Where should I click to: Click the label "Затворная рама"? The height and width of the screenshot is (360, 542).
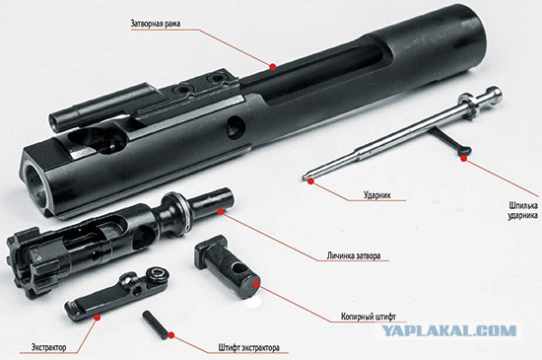tap(155, 24)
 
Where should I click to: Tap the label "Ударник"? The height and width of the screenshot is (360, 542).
tap(377, 194)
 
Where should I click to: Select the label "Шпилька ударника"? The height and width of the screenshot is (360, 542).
tap(522, 210)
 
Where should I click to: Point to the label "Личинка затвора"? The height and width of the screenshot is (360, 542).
tap(353, 255)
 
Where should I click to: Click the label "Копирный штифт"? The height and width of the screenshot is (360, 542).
tap(369, 317)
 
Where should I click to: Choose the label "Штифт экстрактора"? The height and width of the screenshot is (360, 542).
tap(249, 347)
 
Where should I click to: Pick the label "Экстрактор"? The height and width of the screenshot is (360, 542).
tap(48, 347)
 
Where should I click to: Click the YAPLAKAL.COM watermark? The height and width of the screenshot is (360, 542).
tap(449, 331)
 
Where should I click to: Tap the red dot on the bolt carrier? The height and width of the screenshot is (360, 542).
tap(273, 67)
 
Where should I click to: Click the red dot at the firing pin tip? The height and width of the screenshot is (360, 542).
tap(310, 180)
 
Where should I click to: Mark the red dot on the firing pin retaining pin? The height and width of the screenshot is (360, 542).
tap(463, 158)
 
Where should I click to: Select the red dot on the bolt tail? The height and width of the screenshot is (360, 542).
tap(221, 211)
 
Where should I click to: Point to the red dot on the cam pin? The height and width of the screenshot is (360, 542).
tap(255, 284)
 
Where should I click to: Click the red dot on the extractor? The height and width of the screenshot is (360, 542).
tap(98, 317)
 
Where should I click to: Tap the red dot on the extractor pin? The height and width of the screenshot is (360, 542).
tap(170, 334)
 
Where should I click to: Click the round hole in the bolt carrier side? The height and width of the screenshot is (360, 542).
tap(236, 127)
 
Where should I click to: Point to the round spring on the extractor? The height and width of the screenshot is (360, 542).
tap(157, 274)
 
